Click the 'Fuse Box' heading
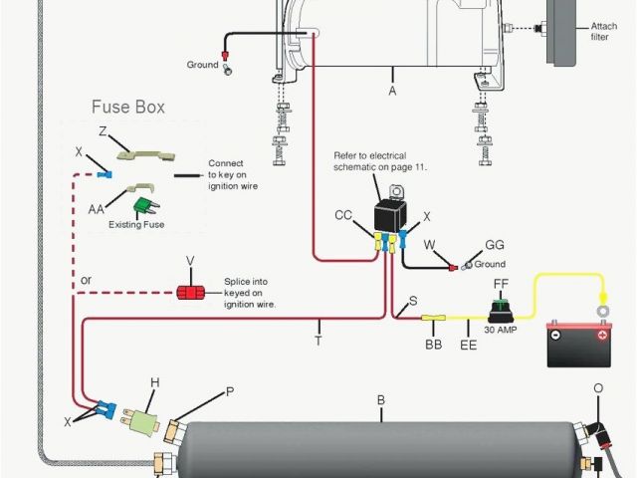pyautogui.click(x=128, y=107)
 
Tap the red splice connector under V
pyautogui.click(x=189, y=292)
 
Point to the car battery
pyautogui.click(x=578, y=343)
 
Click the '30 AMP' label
pyautogui.click(x=502, y=329)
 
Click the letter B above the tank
pyautogui.click(x=380, y=401)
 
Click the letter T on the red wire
pyautogui.click(x=318, y=340)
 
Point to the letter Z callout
pyautogui.click(x=103, y=130)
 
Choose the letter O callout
pyautogui.click(x=598, y=387)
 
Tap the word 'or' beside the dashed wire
pyautogui.click(x=87, y=280)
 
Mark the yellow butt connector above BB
pyautogui.click(x=433, y=321)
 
